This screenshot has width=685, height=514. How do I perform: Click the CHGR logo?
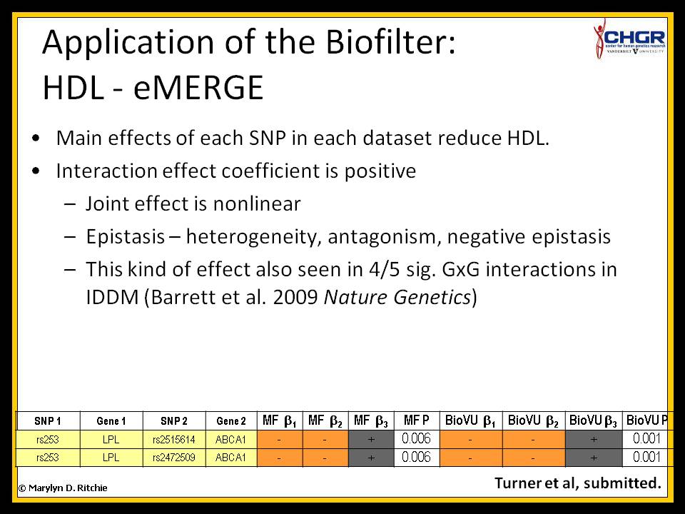629,39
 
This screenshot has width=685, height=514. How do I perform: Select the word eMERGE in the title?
198,88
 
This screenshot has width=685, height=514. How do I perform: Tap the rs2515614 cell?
174,439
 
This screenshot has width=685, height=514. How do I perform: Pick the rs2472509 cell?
174,458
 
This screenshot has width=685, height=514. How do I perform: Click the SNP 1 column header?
48,421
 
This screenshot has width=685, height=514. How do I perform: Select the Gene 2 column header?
231,421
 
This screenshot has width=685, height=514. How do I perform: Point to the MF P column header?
416,421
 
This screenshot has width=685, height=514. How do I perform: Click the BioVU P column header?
646,421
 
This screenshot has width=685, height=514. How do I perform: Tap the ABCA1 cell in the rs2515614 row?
231,439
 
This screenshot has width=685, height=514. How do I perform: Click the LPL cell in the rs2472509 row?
111,458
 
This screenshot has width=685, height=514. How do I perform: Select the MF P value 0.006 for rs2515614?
416,439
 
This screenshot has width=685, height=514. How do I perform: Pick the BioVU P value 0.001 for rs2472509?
646,457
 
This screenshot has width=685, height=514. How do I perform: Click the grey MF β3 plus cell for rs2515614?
371,439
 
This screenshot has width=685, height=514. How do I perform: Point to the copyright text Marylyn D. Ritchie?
63,488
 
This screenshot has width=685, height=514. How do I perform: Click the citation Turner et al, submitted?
577,483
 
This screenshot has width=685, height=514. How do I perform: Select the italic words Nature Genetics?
397,297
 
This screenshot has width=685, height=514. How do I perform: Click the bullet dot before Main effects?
36,138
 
